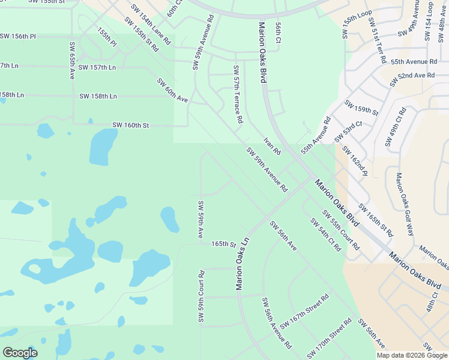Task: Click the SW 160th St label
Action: point(130,125)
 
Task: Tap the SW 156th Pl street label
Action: point(18,37)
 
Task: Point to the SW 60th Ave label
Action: point(173,90)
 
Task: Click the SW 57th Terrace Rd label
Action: point(237,94)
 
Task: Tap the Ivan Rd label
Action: point(272,146)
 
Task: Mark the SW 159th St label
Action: point(361,108)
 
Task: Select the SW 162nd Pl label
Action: point(354,160)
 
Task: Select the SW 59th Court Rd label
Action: point(202,296)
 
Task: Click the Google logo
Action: point(20,352)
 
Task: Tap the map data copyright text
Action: point(412,355)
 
